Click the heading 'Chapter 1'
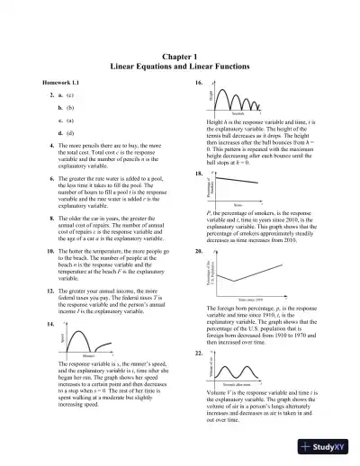pos(179,56)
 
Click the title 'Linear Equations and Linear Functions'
pos(179,67)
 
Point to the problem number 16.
pos(197,82)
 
